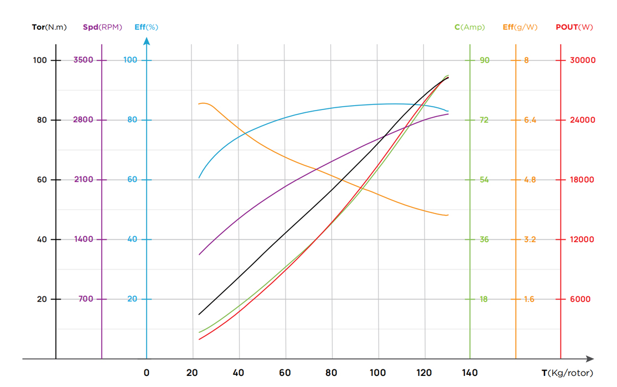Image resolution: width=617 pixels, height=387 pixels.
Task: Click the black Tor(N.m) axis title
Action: click(49, 27)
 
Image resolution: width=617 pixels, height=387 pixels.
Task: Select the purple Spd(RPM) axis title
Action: click(102, 27)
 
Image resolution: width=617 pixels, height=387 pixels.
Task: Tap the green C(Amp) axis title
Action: click(470, 27)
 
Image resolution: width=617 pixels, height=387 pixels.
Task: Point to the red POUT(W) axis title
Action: click(574, 27)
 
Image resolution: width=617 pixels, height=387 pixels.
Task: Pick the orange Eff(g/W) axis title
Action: click(520, 27)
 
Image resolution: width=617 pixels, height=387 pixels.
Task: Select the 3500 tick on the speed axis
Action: click(84, 60)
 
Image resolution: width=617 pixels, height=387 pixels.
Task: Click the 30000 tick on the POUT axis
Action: click(583, 60)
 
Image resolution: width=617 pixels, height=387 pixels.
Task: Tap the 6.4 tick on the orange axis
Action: click(530, 120)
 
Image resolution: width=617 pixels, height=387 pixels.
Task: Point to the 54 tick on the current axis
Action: click(484, 180)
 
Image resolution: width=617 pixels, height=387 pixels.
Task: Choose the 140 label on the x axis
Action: click(470, 373)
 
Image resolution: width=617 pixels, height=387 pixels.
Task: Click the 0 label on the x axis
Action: click(147, 373)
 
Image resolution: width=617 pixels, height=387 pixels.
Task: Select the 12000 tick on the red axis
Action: click(583, 239)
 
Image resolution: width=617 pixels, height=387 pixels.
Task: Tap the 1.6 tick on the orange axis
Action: click(529, 299)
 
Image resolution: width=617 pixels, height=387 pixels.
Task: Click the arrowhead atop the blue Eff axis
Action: click(147, 41)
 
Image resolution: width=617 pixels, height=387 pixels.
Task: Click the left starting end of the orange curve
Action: click(199, 104)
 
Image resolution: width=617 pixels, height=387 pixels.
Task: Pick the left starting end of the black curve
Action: click(199, 315)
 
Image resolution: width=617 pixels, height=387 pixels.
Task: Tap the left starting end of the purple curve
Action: click(199, 255)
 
